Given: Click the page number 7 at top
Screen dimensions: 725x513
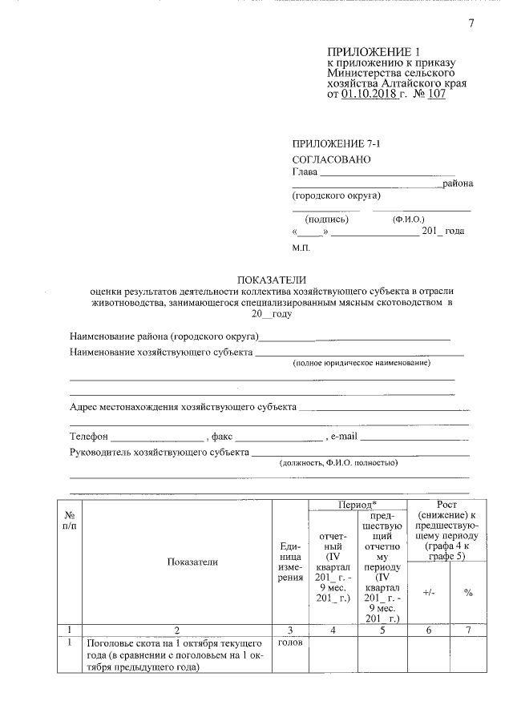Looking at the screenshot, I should pos(471,23).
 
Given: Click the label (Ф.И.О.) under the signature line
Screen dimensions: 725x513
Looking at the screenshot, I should pos(409,219).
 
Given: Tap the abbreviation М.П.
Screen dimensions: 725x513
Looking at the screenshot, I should pos(301,248).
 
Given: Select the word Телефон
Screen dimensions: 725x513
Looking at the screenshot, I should pos(88,437).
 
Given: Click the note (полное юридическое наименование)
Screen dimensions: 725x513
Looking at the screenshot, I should pos(361,363).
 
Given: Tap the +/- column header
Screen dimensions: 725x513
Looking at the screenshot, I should pos(429,593).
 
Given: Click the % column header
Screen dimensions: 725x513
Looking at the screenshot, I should pos(469,593).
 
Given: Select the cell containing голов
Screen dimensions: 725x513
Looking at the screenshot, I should pos(289,643).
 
